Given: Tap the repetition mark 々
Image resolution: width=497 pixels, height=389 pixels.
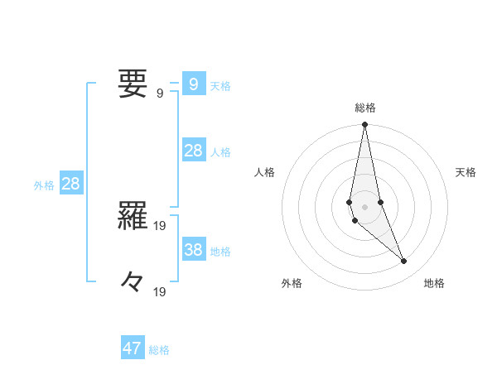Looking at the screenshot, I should (133, 283).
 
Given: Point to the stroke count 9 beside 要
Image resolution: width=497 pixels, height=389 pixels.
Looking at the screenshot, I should (160, 94).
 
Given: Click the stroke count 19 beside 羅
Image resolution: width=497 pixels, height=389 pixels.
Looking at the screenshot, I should (160, 224).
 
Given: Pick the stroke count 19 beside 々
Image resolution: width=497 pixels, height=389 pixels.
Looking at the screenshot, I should (160, 291).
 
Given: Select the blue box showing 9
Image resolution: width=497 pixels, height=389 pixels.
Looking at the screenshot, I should (193, 84).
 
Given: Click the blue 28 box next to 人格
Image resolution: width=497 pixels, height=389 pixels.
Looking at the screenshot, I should (193, 151).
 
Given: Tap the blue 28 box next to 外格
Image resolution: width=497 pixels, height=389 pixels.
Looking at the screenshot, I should (70, 184).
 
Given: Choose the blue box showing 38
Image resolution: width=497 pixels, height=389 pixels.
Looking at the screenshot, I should (193, 250).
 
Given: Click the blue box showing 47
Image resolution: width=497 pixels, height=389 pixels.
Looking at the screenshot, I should (133, 348).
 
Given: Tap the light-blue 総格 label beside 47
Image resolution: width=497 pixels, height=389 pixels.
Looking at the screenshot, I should (159, 350).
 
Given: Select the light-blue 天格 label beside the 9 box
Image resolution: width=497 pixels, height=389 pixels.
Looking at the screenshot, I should (220, 86).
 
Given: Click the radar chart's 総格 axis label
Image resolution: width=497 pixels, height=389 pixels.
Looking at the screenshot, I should (365, 108).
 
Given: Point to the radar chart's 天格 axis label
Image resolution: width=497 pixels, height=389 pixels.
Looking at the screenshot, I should (466, 172).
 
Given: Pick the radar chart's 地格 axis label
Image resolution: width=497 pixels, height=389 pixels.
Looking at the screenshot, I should (434, 283).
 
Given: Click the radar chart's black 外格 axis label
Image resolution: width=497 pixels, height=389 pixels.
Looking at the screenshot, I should (292, 283).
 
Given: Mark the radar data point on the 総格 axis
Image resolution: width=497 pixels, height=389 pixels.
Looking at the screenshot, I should (364, 125).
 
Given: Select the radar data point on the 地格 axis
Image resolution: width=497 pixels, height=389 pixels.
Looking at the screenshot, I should (404, 262).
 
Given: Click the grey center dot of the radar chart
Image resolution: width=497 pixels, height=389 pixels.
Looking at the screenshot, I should (364, 206).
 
